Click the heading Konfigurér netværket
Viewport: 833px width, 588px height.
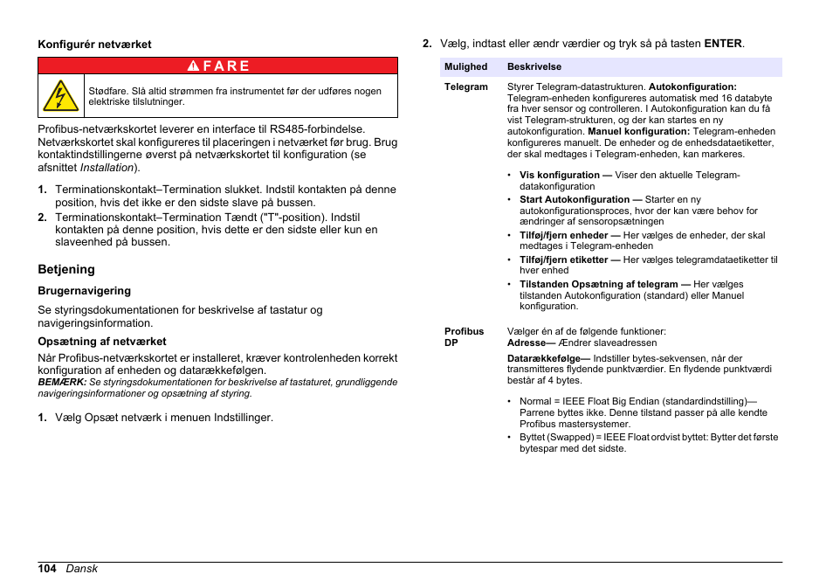(x=94, y=44)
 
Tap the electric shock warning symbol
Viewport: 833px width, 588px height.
(x=60, y=96)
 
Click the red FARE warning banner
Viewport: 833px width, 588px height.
(x=217, y=66)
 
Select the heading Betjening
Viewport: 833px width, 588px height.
(x=65, y=269)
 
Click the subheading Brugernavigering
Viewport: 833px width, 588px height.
(x=84, y=291)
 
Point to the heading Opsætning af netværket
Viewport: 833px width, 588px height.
(x=101, y=342)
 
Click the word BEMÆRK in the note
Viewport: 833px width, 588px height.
(x=61, y=383)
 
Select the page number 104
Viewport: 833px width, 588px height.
(x=47, y=569)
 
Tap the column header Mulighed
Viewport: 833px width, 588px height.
(x=465, y=67)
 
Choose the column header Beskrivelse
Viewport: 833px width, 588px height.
(x=534, y=67)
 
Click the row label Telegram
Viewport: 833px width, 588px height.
(x=465, y=87)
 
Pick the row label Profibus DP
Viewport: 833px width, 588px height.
(x=464, y=337)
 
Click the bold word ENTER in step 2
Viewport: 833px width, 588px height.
(x=723, y=43)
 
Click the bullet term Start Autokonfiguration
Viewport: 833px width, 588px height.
(x=575, y=200)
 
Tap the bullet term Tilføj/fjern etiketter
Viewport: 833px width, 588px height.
(x=563, y=260)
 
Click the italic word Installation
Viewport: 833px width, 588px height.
(x=107, y=168)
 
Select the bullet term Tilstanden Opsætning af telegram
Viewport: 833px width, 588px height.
(x=599, y=285)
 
